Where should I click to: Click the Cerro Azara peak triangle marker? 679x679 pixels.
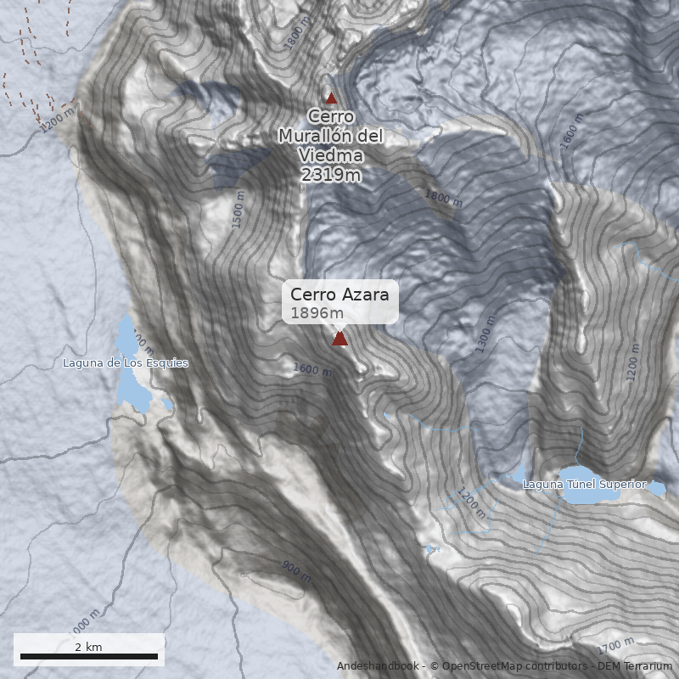tap(339, 339)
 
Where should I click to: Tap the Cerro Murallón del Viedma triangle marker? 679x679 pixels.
tap(332, 98)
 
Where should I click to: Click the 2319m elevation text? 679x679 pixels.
tap(331, 175)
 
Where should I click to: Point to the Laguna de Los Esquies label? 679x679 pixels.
tap(126, 363)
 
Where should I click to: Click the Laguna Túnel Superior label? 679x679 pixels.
tap(584, 485)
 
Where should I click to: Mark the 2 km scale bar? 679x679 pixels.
tap(89, 656)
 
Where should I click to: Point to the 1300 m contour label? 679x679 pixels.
tap(485, 334)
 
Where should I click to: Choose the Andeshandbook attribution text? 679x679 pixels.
tap(377, 666)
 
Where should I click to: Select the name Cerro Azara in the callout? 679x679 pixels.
tap(339, 295)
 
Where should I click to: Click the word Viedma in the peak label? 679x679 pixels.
tap(331, 155)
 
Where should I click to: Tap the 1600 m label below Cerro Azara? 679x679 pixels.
tap(311, 369)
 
